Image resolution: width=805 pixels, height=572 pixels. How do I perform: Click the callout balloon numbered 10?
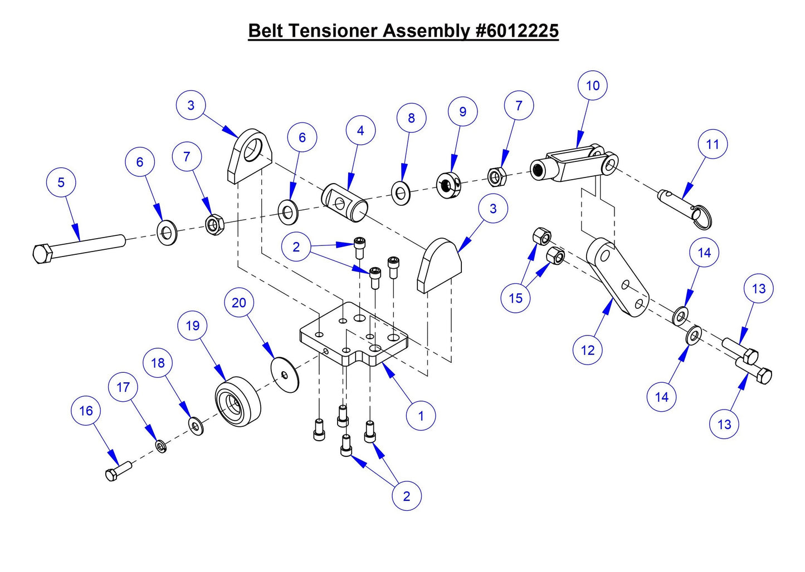[592, 86]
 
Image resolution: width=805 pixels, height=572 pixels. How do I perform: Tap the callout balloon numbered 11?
[713, 144]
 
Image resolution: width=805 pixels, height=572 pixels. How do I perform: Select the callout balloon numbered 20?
[238, 303]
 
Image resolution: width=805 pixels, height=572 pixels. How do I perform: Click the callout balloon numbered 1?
[421, 416]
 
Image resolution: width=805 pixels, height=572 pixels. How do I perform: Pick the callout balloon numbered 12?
[587, 350]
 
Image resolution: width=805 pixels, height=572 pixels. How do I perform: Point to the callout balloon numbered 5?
[61, 183]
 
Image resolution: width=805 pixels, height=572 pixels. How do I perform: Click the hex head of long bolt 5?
[42, 254]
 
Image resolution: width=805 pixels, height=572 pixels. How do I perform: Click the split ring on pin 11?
[702, 216]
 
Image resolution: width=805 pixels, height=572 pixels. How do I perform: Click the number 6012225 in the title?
[517, 31]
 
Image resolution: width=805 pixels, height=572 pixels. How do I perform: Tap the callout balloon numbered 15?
[515, 298]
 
